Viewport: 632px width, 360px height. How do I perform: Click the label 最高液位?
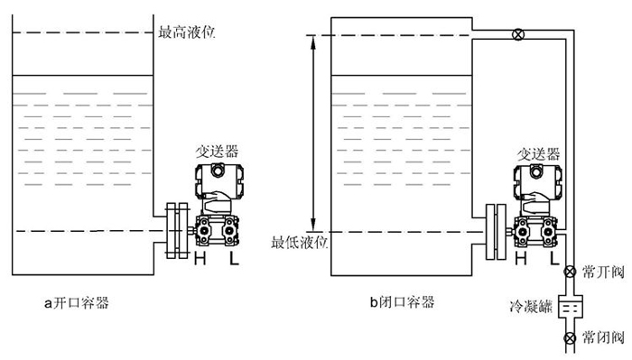[x=187, y=33]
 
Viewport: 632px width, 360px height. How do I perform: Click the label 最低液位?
[x=299, y=243]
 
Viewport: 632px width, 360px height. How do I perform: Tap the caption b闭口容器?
[x=402, y=301]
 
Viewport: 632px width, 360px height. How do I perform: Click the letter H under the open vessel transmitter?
[x=200, y=260]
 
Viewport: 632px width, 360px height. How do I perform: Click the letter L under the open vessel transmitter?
[x=234, y=260]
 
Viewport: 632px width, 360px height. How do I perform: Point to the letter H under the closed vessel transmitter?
[x=520, y=260]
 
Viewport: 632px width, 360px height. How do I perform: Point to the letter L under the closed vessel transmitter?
[x=555, y=260]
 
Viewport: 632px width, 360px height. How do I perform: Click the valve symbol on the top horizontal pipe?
[x=517, y=35]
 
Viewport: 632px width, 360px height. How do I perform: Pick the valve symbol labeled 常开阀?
[x=570, y=272]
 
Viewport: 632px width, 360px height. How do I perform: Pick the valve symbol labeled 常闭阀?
[x=570, y=339]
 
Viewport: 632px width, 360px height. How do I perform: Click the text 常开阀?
[x=604, y=271]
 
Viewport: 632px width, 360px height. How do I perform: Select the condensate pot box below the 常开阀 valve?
[x=570, y=306]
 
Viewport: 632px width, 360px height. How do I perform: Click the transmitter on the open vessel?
[x=218, y=208]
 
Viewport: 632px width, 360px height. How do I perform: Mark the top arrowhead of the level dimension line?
[x=314, y=40]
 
